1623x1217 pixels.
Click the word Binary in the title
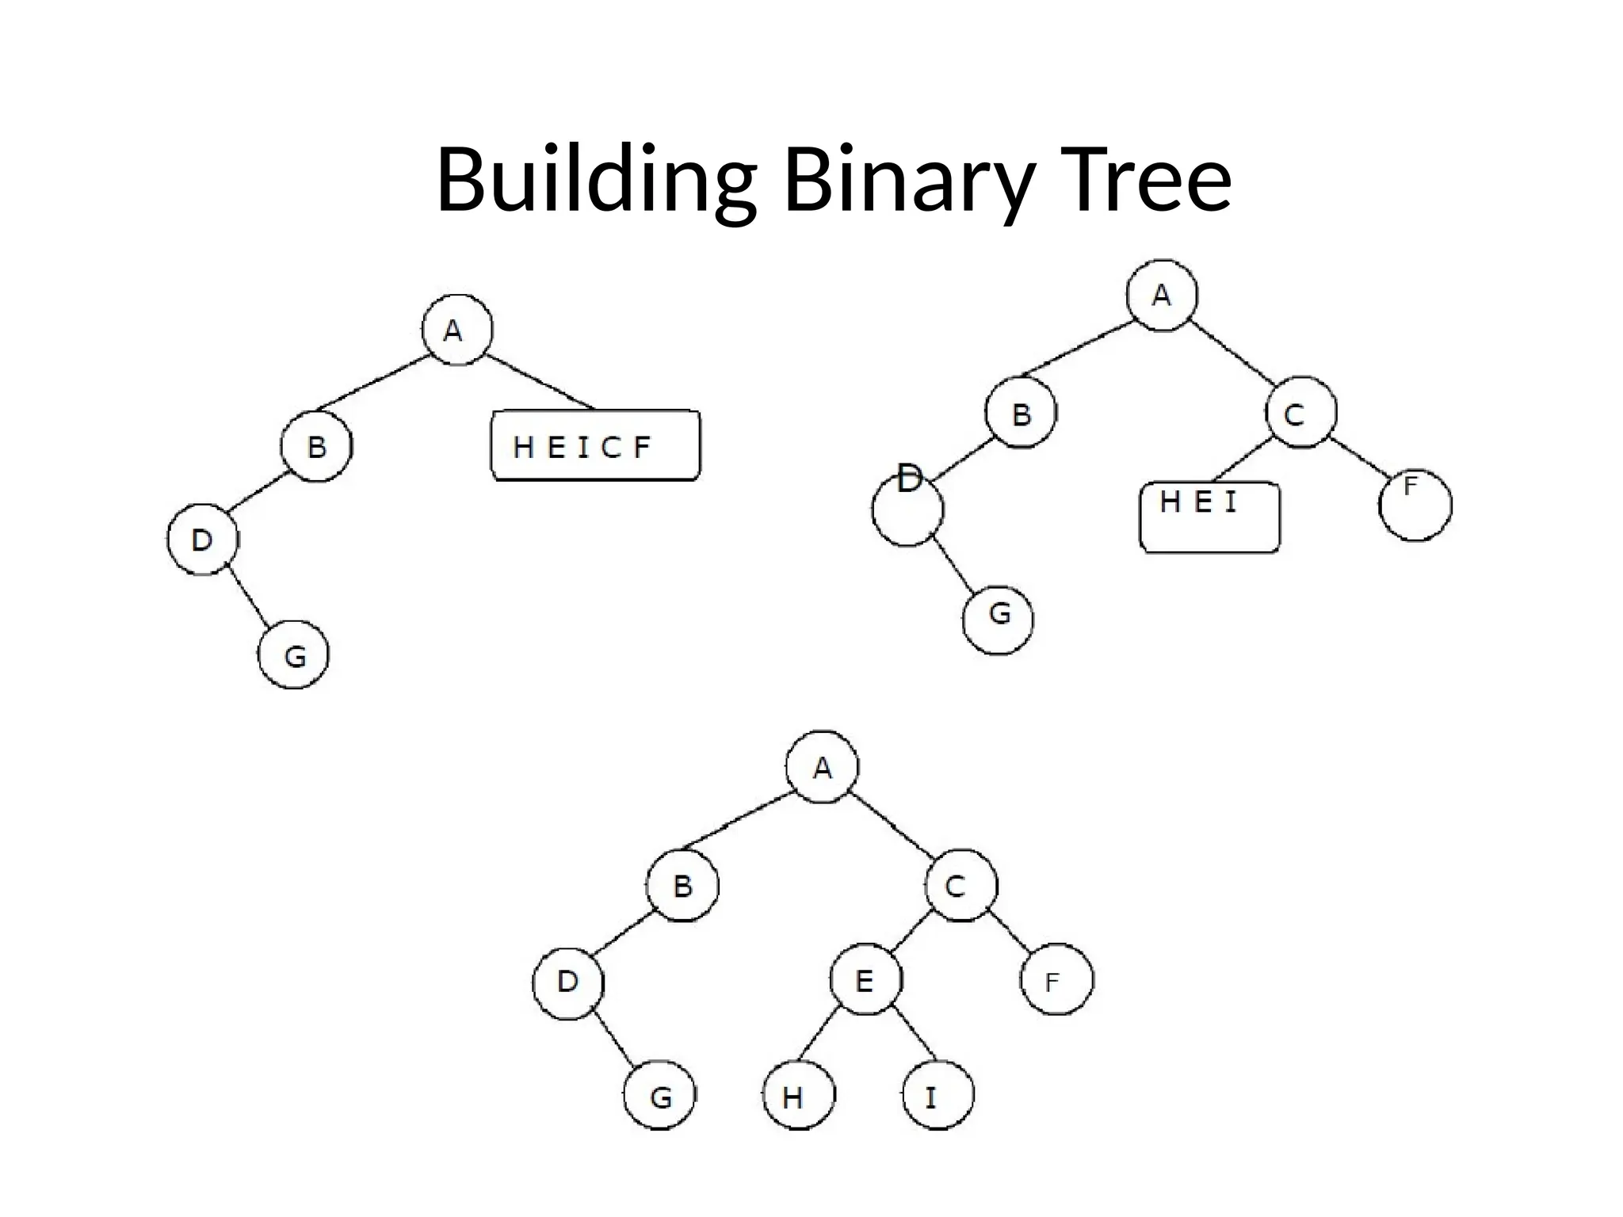907,180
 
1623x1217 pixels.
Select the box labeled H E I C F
595,445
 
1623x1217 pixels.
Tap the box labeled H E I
1209,517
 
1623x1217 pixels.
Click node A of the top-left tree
457,330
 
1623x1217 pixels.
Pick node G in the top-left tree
294,654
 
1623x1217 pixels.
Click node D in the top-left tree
203,540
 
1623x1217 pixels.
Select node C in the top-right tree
1300,413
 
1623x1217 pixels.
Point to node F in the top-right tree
1415,505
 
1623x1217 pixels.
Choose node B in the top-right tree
1021,413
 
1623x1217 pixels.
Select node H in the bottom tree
799,1095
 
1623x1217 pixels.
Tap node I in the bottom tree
938,1095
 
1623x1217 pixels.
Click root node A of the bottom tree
822,767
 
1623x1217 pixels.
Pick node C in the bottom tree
960,885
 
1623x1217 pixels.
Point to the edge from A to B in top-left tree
372,383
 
